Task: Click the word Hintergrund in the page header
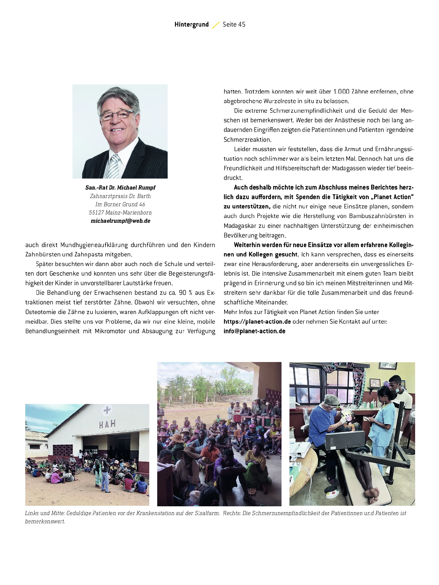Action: click(192, 25)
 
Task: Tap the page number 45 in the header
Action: click(242, 25)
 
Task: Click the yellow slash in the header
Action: click(216, 25)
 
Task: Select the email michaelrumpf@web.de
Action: click(120, 221)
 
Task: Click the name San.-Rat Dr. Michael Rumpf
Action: click(120, 188)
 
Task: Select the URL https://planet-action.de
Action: click(257, 322)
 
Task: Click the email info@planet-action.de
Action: click(254, 331)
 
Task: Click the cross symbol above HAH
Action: click(107, 410)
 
